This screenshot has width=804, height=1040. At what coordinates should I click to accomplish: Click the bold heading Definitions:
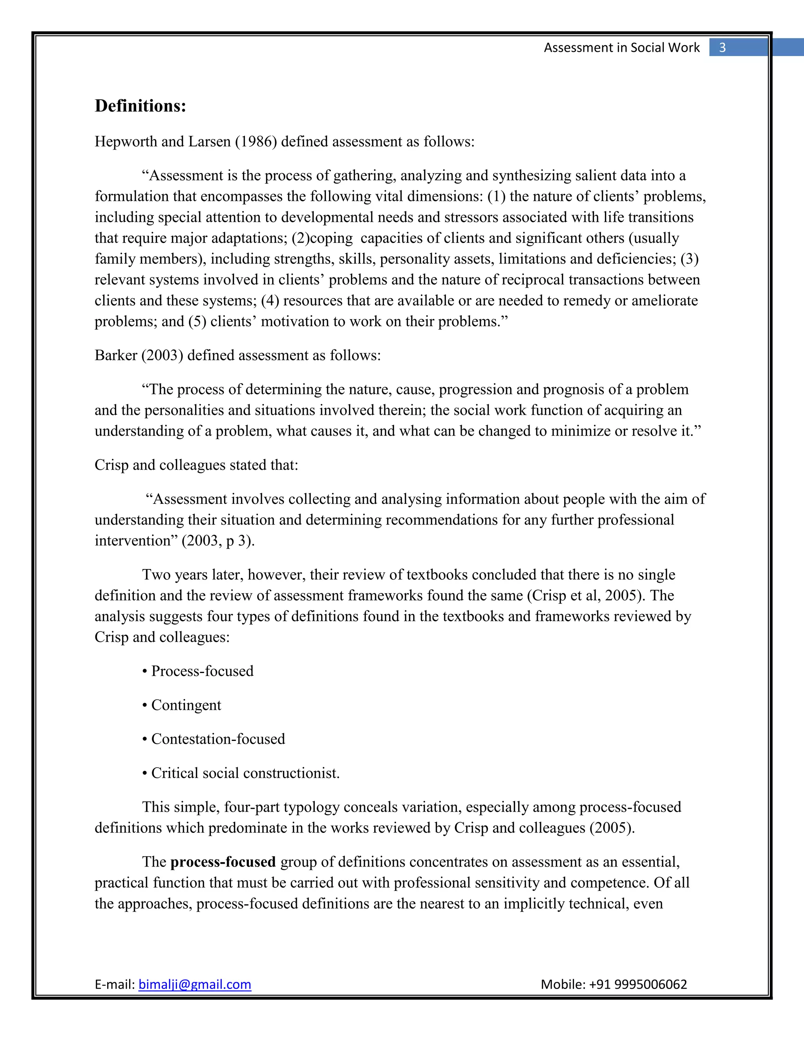[x=140, y=106]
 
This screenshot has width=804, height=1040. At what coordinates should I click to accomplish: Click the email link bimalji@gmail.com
[x=194, y=984]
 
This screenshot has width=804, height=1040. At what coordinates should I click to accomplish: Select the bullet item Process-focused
[x=202, y=671]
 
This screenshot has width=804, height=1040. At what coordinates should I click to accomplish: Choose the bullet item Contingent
[x=186, y=705]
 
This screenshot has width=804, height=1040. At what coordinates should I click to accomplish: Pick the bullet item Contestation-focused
[x=217, y=739]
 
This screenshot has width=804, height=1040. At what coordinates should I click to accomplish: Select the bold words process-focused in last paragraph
[x=223, y=862]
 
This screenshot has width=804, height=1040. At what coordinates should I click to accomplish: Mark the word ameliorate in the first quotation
[x=665, y=301]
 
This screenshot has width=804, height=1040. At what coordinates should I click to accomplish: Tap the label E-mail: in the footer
[x=115, y=984]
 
